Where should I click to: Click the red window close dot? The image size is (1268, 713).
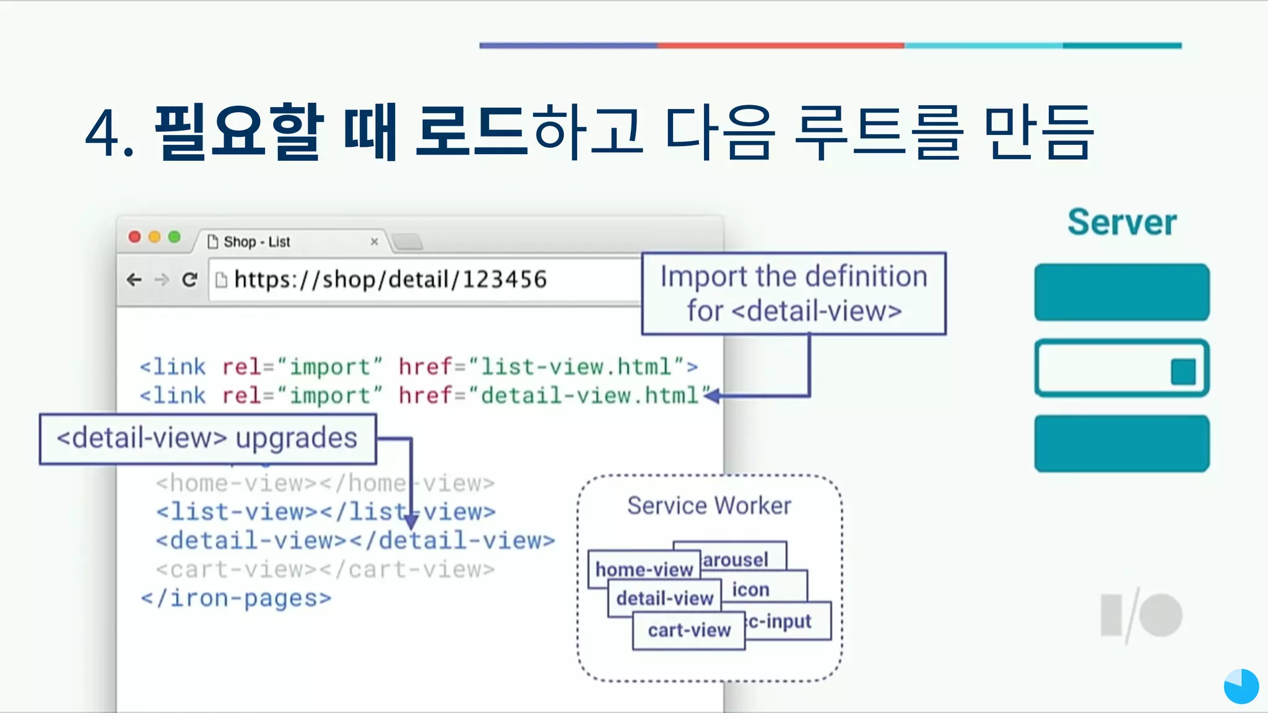(x=134, y=237)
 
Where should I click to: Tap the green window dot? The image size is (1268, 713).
(x=175, y=237)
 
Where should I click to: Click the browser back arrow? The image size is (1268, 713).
(x=134, y=280)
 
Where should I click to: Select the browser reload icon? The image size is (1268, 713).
(x=189, y=280)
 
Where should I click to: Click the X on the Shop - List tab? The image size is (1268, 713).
(x=374, y=241)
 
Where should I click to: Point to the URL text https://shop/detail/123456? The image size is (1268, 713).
(x=390, y=280)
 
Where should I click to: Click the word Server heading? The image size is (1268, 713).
(x=1121, y=222)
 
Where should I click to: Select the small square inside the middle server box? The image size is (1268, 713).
(x=1183, y=372)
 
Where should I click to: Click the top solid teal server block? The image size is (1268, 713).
(x=1121, y=292)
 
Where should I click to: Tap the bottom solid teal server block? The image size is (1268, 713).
(x=1121, y=443)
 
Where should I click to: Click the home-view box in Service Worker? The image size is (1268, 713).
(x=643, y=569)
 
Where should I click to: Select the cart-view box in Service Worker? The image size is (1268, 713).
(x=688, y=630)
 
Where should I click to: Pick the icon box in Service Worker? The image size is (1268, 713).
(x=751, y=589)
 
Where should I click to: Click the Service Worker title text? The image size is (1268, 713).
(x=709, y=506)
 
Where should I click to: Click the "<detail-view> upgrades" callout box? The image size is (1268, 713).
(x=207, y=439)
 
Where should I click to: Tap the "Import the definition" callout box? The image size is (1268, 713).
(x=794, y=293)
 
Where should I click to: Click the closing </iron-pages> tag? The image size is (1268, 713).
(x=236, y=598)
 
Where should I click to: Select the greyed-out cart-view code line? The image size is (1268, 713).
(x=325, y=569)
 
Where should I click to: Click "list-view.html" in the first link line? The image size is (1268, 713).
(x=576, y=367)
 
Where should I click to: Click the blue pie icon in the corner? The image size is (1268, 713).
(x=1241, y=686)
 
